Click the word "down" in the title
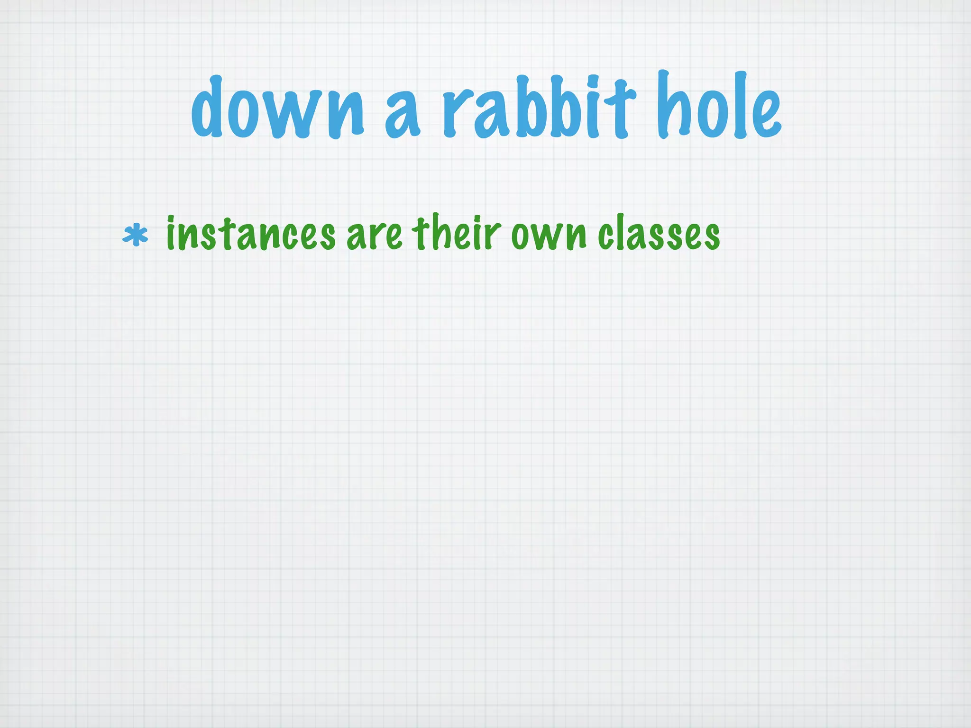(277, 108)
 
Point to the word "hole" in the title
(718, 107)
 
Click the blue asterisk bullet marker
(135, 236)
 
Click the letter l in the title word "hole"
(738, 105)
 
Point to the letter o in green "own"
(521, 237)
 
